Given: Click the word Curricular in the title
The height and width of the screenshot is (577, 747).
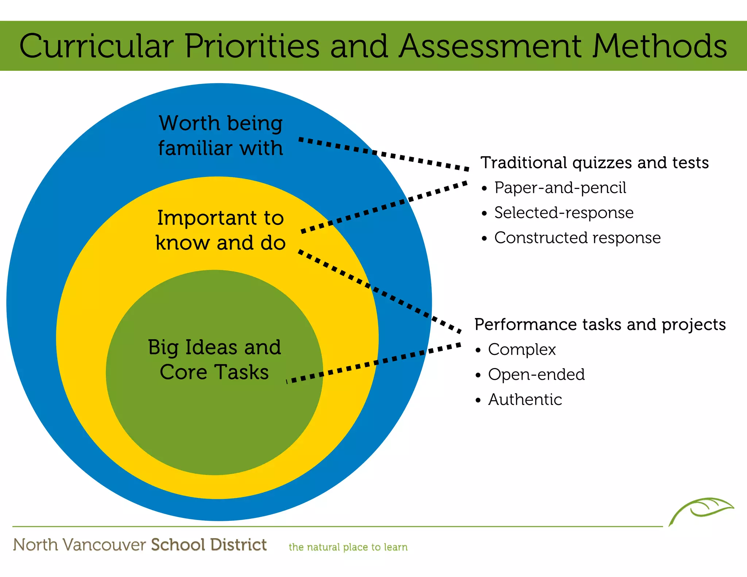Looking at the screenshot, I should tap(96, 46).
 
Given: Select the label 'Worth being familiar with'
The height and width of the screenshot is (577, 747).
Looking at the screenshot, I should tap(221, 135).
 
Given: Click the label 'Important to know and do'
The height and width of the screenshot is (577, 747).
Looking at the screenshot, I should tap(220, 230).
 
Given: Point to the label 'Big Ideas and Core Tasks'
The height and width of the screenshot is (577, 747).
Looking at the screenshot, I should tap(214, 359).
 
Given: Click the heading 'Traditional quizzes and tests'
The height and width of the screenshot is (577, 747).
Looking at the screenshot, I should tap(595, 163).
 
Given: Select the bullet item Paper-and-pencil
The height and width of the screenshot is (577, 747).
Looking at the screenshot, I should tap(560, 188).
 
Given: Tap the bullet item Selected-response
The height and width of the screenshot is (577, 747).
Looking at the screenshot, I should tap(564, 213).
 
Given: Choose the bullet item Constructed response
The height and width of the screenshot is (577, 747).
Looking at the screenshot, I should tap(577, 238).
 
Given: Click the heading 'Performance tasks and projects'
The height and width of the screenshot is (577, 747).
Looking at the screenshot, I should tap(600, 325).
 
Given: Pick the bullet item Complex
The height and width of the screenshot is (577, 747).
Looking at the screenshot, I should tap(522, 350).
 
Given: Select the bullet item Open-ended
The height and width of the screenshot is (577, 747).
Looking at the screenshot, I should tap(536, 375).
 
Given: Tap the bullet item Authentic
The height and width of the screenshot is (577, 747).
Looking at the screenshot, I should tap(525, 400).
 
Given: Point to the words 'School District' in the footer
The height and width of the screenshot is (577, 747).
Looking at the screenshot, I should tap(209, 545).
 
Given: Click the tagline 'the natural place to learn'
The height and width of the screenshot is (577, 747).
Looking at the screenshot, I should tap(348, 547).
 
